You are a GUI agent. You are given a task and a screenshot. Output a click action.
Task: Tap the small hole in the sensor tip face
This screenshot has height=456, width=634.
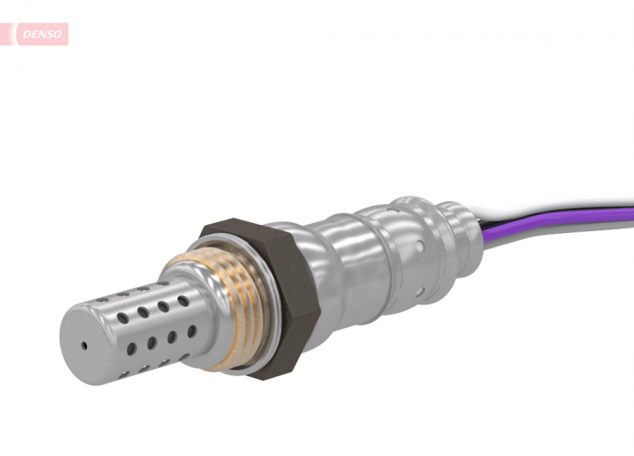pyautogui.click(x=83, y=345)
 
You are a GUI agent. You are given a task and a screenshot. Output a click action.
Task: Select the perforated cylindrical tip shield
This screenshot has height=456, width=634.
pyautogui.click(x=145, y=326)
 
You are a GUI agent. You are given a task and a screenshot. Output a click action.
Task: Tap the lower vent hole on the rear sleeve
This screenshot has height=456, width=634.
pyautogui.click(x=418, y=291)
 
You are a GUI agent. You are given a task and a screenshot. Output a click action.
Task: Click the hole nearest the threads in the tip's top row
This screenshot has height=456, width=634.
pyautogui.click(x=184, y=301)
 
